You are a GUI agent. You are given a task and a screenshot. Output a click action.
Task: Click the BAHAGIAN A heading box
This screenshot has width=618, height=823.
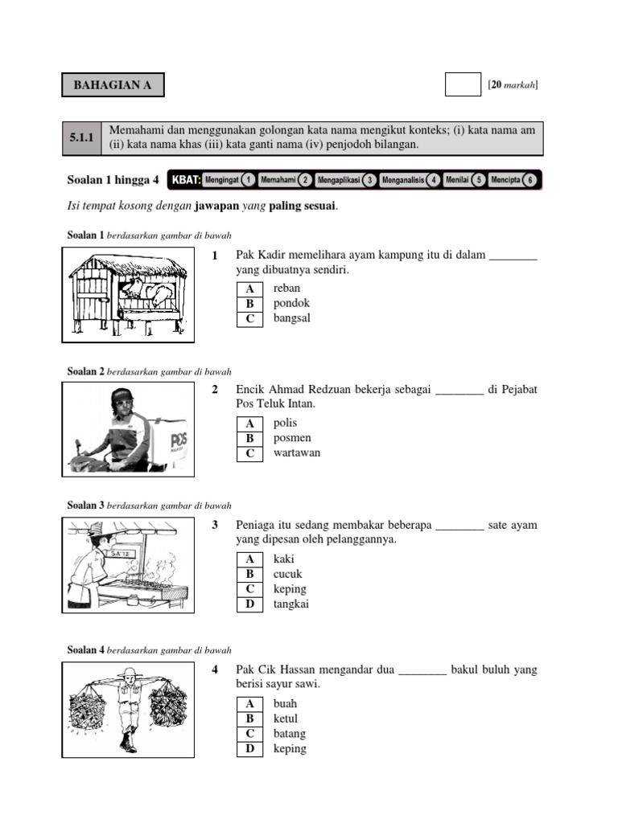(113, 84)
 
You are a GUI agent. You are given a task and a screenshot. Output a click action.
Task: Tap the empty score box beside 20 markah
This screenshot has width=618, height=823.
(463, 84)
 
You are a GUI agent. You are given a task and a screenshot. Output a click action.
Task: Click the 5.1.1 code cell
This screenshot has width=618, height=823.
(82, 138)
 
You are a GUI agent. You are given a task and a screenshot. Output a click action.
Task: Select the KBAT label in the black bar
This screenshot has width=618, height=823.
(185, 180)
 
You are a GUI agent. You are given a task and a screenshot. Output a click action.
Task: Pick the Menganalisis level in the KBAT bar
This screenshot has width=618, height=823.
(402, 180)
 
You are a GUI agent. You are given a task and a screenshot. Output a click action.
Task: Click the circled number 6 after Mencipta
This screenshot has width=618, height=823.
(529, 180)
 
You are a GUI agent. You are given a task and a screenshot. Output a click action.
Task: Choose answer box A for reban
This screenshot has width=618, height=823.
(249, 289)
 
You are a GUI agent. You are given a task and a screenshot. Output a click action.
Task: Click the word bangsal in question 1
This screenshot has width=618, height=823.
(291, 318)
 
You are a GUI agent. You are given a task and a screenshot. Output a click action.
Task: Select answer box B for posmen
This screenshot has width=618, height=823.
(249, 438)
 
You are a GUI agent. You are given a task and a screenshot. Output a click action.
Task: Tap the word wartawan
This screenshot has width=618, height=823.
(296, 452)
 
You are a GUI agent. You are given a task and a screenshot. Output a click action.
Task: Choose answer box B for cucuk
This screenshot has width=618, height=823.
(249, 574)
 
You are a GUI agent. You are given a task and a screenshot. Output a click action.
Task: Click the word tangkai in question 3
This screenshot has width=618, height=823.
(290, 604)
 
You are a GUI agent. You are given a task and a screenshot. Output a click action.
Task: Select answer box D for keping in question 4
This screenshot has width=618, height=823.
(249, 749)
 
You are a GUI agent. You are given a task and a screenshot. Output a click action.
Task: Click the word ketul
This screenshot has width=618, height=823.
(285, 719)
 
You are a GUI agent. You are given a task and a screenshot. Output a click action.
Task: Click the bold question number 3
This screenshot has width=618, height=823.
(215, 525)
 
